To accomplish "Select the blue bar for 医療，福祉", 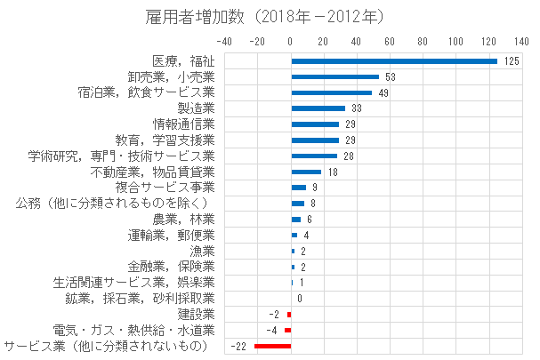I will coord(394,61).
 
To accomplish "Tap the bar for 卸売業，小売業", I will coord(335,77).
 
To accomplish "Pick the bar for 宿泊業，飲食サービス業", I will coord(332,92).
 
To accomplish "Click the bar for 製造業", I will coord(318,108).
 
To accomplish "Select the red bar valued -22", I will coord(273,346).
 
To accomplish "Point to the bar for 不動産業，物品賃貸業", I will coord(306,172).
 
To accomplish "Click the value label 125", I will coord(511,61).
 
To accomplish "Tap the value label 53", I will coord(390,77).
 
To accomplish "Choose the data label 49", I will coord(383,92).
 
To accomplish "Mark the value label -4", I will coord(275,330).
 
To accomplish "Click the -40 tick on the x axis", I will coord(225,41).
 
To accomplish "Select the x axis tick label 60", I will coord(390,41).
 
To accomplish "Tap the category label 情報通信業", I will coord(183,124).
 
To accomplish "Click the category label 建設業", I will coord(196,314).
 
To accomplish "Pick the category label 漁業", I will coord(202,251).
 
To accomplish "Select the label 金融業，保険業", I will coord(171,267).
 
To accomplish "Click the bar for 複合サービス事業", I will coord(299,188).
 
